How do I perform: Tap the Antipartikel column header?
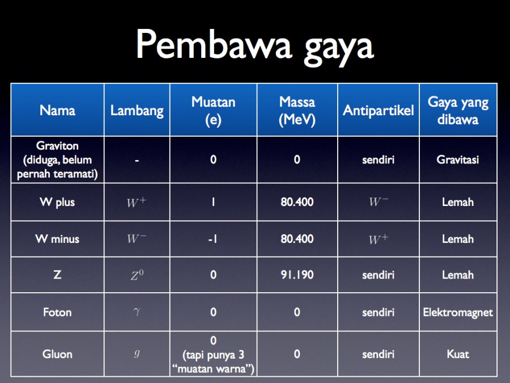(x=379, y=110)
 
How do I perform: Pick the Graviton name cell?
(x=57, y=159)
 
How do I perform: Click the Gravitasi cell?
(x=458, y=159)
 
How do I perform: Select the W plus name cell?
(x=57, y=202)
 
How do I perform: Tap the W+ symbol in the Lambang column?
(x=137, y=202)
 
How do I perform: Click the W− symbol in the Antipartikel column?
(x=379, y=201)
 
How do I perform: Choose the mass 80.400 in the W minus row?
(x=297, y=239)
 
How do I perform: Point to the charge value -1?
(x=212, y=239)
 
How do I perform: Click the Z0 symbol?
(x=137, y=275)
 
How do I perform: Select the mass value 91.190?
(x=297, y=275)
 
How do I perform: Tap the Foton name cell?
(x=57, y=312)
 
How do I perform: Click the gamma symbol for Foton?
(x=137, y=312)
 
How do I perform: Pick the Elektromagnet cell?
(x=458, y=312)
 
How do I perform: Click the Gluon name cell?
(x=57, y=354)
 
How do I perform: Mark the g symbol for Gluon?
(x=137, y=353)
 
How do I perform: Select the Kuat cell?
(x=458, y=354)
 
